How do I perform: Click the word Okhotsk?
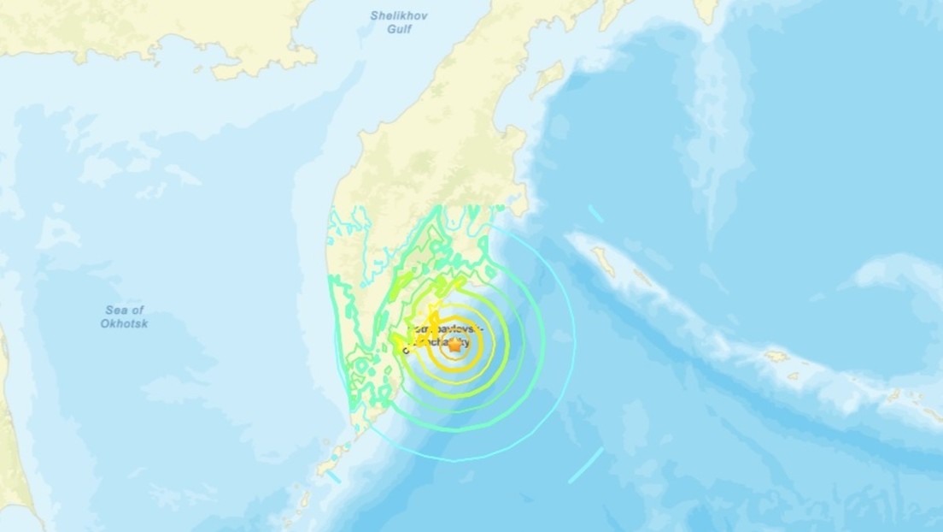[x=124, y=323]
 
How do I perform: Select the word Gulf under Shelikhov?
[x=398, y=29]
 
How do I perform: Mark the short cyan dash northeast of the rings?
[x=595, y=214]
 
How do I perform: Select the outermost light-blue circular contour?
[x=574, y=342]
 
